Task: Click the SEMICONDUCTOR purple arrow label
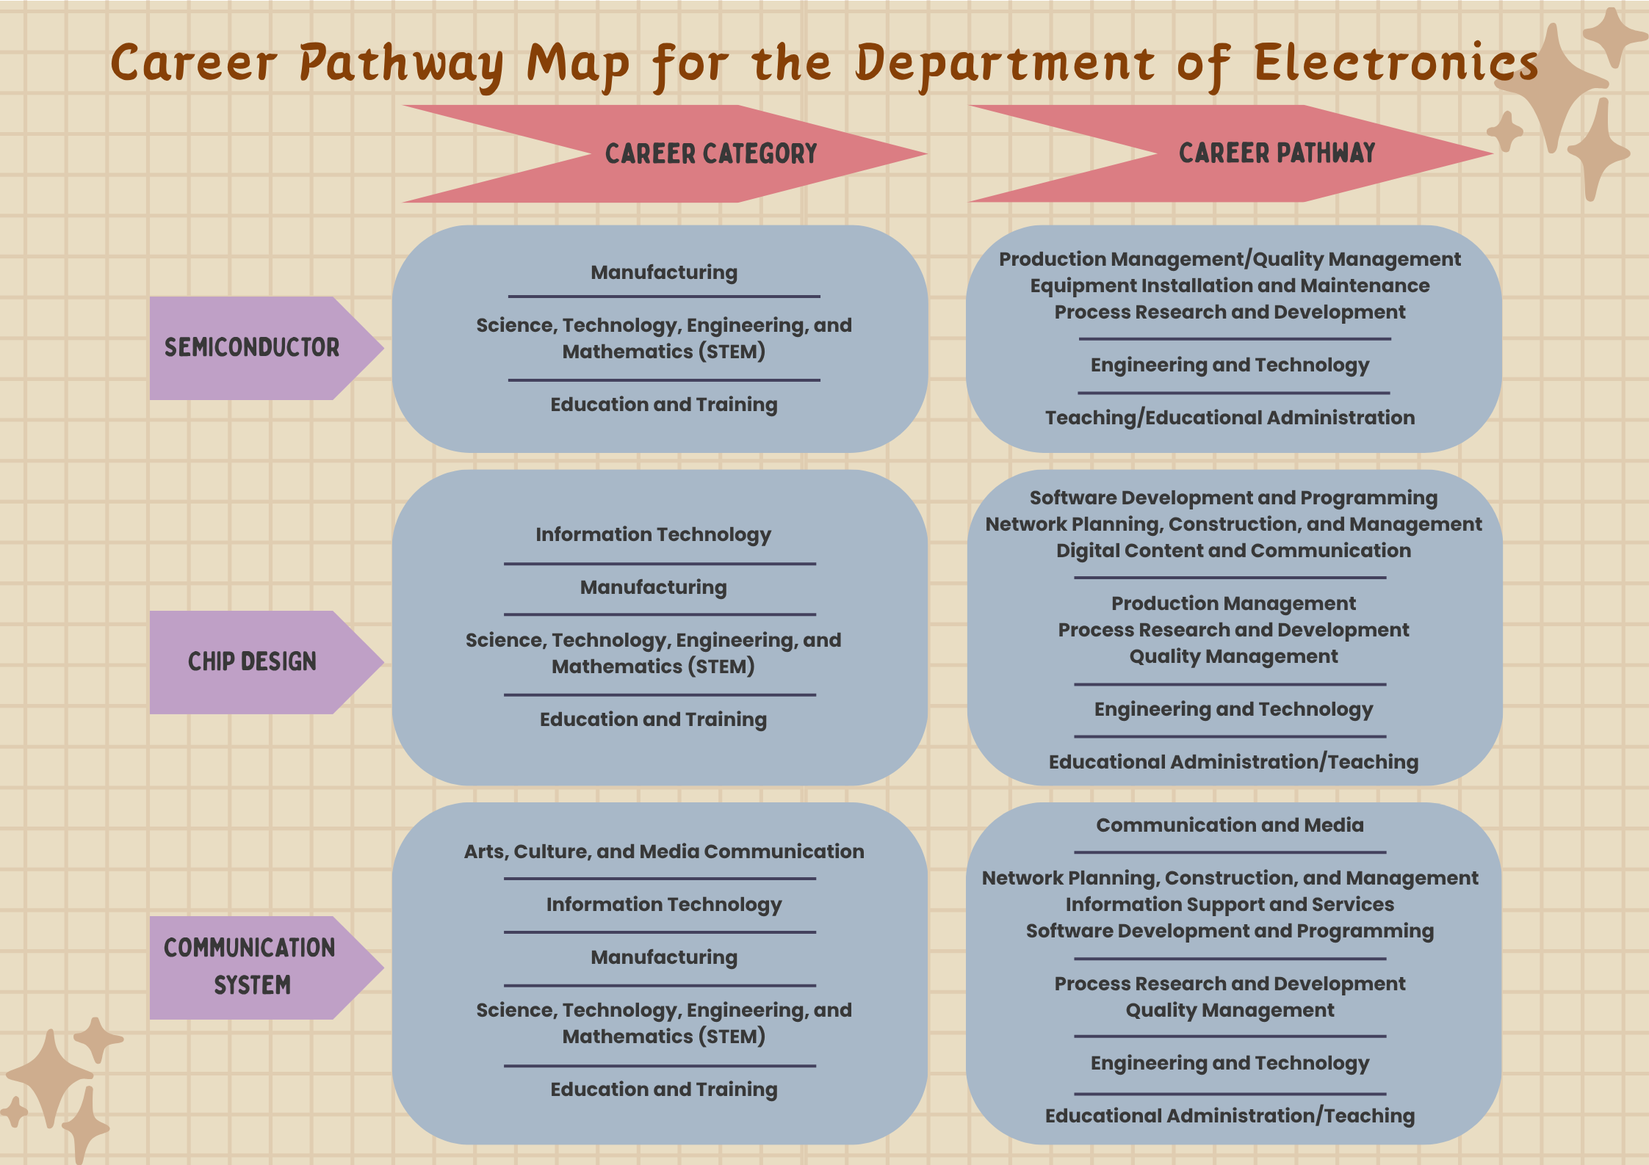[252, 348]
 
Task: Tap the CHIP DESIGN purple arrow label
[252, 662]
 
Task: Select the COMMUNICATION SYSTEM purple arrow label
[250, 967]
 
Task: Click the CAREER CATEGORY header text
[710, 154]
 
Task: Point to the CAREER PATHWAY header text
[1277, 153]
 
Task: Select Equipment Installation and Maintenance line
[1230, 286]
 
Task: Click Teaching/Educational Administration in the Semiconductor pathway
[1230, 418]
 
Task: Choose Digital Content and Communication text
[1233, 551]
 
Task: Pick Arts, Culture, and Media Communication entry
[664, 852]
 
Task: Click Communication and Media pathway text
[1230, 825]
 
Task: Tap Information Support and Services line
[1230, 904]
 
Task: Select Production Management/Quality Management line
[1230, 259]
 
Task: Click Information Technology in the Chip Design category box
[653, 534]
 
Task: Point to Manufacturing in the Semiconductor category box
[664, 272]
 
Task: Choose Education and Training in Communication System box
[664, 1089]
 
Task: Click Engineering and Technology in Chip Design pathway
[1233, 709]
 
